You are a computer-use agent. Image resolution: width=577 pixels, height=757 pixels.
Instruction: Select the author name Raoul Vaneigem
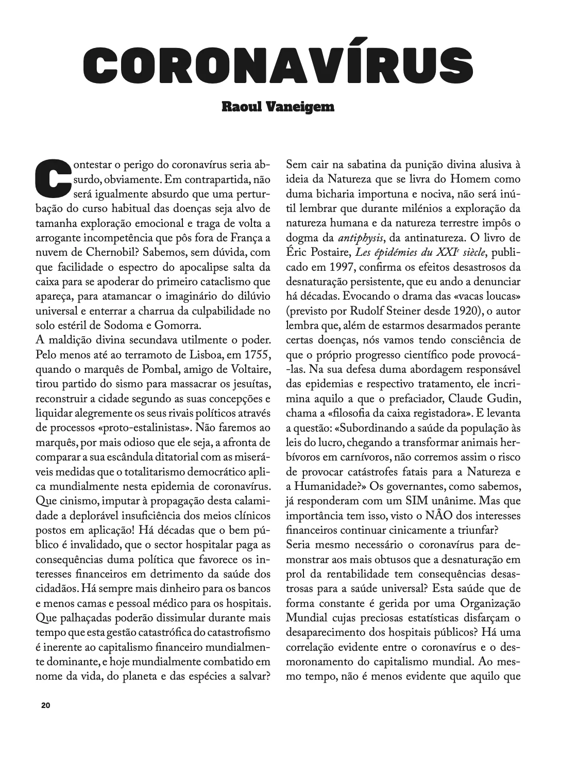point(278,107)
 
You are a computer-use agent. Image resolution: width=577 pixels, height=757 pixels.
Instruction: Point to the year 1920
point(462,311)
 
